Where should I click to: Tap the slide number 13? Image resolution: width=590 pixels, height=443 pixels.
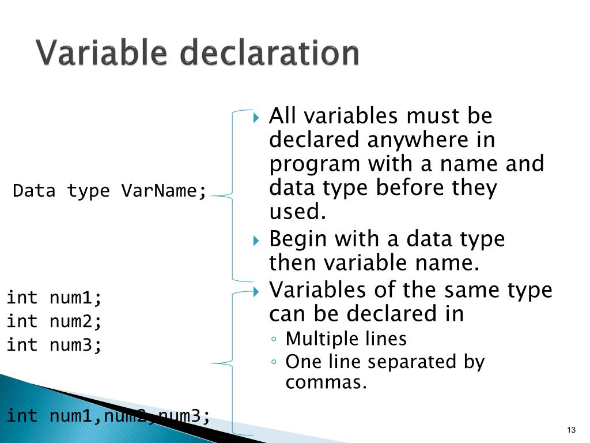pos(572,430)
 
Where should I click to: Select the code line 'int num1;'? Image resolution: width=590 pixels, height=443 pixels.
pos(54,298)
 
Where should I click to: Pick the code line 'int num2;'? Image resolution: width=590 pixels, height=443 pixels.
pos(54,321)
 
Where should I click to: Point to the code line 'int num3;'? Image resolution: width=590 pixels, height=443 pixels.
pos(54,345)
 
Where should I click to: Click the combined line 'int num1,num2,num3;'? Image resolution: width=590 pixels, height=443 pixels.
pos(108,415)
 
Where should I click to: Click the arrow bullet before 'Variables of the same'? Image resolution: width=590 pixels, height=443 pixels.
pos(257,290)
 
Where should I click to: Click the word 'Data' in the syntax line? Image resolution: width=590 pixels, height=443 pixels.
pos(35,191)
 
